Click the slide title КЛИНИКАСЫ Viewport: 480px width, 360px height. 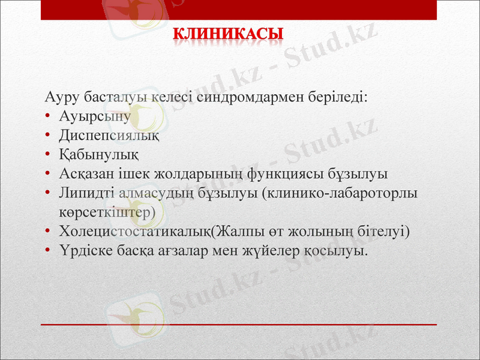(229, 34)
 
